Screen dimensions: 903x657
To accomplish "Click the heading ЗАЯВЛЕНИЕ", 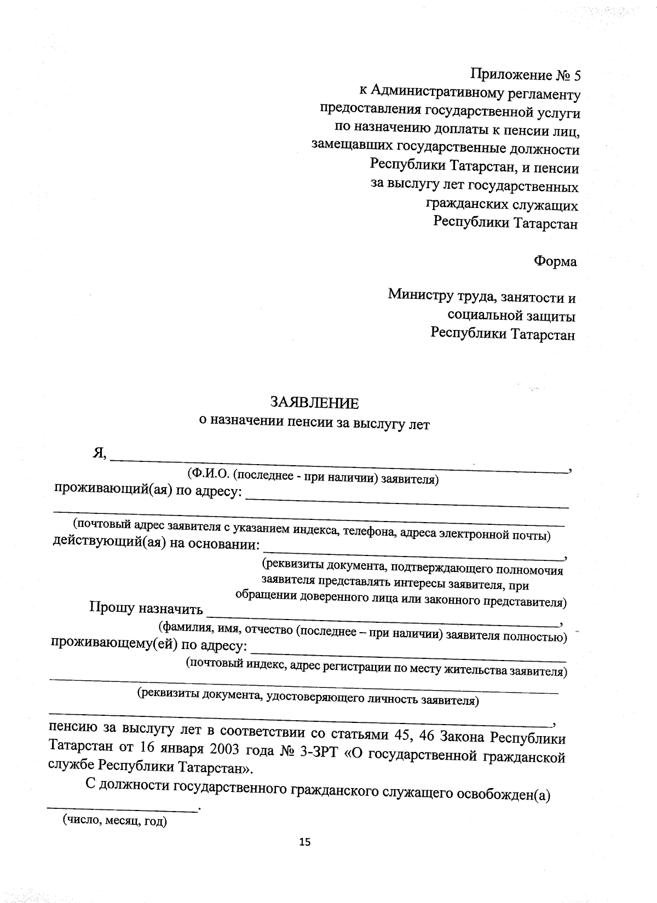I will (315, 403).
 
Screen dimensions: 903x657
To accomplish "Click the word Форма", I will (555, 262).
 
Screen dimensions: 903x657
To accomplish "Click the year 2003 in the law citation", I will (208, 750).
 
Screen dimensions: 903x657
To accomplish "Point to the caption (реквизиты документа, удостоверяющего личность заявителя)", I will (308, 697).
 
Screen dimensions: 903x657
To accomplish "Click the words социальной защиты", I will (511, 316).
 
